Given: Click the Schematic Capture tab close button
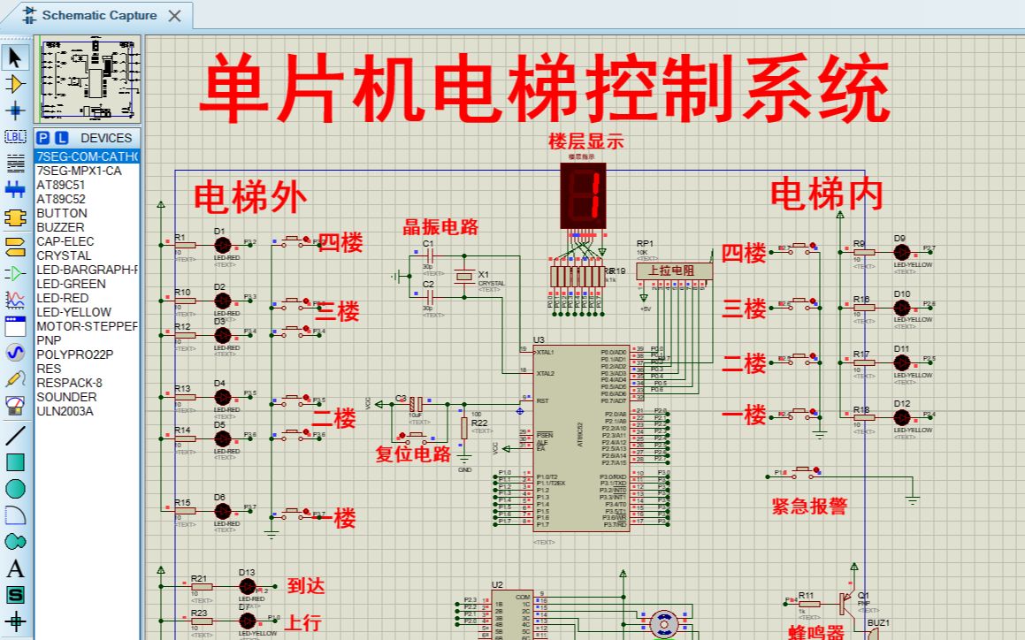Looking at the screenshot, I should tap(174, 15).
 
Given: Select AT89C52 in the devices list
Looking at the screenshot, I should tap(61, 199).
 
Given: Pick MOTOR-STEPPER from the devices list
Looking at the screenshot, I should tap(87, 326).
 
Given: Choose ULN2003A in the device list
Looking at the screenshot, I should tap(65, 411).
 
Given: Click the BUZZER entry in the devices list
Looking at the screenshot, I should tap(60, 227).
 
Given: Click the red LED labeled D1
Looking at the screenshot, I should tap(222, 245).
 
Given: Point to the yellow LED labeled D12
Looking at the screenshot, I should tap(901, 416).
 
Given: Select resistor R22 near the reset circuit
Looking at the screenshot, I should tap(463, 429).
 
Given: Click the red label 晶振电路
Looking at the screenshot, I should tap(440, 226).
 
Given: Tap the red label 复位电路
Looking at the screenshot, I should tap(413, 454).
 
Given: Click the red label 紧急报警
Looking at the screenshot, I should tap(809, 506).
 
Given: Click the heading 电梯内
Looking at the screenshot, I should tap(827, 194).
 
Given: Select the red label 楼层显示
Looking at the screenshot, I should tap(585, 141).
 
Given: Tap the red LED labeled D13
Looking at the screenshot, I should tap(247, 586).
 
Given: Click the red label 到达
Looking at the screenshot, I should tap(306, 585).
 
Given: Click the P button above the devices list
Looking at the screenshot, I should tap(43, 138).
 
